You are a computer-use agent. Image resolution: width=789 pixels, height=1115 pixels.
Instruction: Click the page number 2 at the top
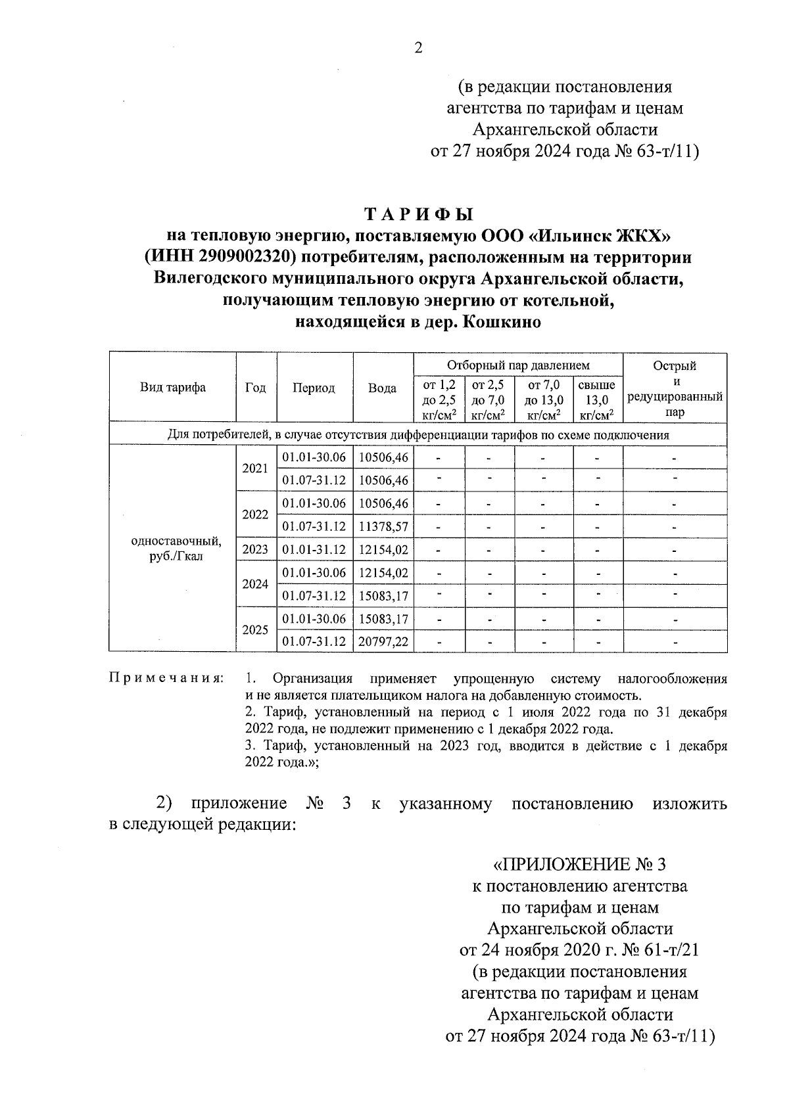[x=418, y=48]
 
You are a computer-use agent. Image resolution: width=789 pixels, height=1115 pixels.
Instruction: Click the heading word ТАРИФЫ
[x=418, y=215]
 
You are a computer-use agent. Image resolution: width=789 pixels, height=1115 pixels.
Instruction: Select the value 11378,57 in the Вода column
[x=383, y=526]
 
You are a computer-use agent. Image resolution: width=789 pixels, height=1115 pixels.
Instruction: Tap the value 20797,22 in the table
[x=383, y=641]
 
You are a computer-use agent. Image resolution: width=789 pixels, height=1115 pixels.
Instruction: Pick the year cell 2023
[x=256, y=549]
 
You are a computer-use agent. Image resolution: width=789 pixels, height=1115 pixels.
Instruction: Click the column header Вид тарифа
[x=173, y=388]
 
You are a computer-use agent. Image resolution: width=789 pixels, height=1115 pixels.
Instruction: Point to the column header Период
[x=314, y=388]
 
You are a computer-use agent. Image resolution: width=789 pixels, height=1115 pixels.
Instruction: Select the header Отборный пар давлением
[x=518, y=365]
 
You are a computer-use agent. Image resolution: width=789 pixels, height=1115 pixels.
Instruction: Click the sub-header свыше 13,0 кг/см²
[x=597, y=399]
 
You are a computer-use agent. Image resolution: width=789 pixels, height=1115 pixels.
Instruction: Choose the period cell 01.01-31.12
[x=314, y=549]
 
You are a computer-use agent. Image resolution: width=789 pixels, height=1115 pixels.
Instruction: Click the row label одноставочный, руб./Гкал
[x=176, y=549]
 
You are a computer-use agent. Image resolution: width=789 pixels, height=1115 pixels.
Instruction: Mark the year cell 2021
[x=256, y=468]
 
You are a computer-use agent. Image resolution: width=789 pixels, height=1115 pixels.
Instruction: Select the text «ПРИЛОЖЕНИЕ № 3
[x=580, y=864]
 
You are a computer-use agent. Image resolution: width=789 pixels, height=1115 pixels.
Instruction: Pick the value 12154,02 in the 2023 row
[x=383, y=549]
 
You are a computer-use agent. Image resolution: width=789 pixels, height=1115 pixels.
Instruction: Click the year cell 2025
[x=256, y=629]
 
